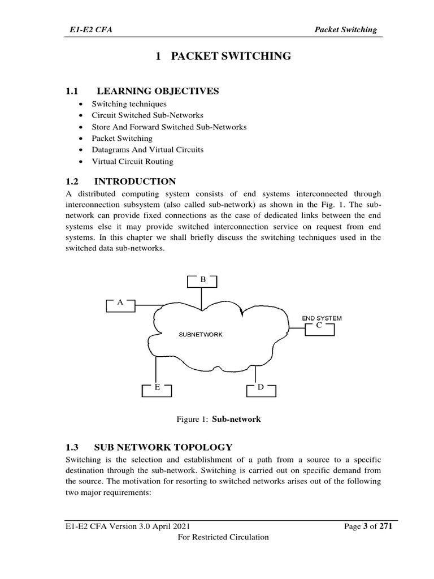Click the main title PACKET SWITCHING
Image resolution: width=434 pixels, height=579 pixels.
(223, 56)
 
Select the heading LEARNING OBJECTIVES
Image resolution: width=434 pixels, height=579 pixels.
(158, 90)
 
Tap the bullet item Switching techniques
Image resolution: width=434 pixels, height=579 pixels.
(129, 105)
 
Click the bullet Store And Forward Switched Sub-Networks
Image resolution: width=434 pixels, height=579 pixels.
(169, 127)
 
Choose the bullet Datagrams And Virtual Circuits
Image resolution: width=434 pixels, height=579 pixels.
(147, 150)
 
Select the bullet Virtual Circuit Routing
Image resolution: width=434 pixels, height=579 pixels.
(133, 161)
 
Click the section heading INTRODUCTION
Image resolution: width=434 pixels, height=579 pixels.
(134, 182)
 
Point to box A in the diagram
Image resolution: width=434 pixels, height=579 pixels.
(120, 304)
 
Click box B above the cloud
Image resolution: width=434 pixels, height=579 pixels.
(202, 280)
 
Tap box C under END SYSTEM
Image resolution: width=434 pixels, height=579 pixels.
(319, 327)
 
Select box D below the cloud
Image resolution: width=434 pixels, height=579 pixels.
(261, 388)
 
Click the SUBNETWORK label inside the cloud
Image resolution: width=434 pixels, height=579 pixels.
(201, 334)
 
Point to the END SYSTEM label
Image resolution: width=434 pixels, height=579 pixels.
(322, 318)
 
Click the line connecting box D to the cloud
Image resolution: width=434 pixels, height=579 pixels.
(256, 374)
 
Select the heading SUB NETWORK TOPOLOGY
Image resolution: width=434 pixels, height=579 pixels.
(164, 447)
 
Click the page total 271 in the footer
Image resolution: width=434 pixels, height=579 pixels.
(385, 526)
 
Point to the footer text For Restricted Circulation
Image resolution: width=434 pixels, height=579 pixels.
(223, 537)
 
